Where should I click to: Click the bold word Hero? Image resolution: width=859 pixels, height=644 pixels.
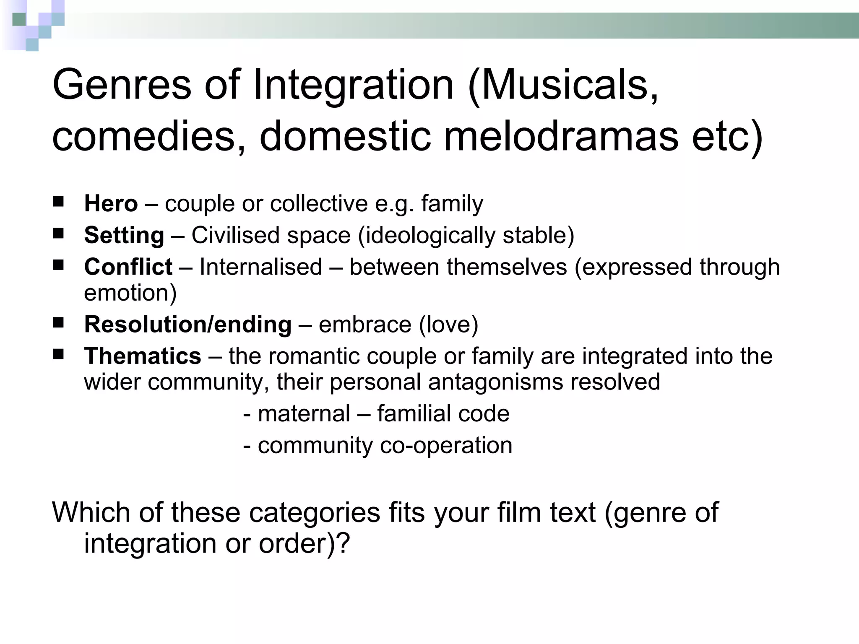(x=111, y=204)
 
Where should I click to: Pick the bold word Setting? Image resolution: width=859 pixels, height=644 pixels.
(x=124, y=235)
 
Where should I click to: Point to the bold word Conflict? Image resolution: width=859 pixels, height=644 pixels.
(x=128, y=267)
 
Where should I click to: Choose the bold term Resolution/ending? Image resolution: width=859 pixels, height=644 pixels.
(x=187, y=325)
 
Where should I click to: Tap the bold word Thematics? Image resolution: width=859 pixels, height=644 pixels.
(x=143, y=356)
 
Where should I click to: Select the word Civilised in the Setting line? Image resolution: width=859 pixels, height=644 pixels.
(x=236, y=235)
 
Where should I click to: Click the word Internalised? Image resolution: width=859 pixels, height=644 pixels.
(x=260, y=267)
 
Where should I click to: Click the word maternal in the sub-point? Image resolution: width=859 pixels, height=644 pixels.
(x=304, y=414)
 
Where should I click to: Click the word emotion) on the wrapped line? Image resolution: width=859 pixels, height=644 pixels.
(x=130, y=293)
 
